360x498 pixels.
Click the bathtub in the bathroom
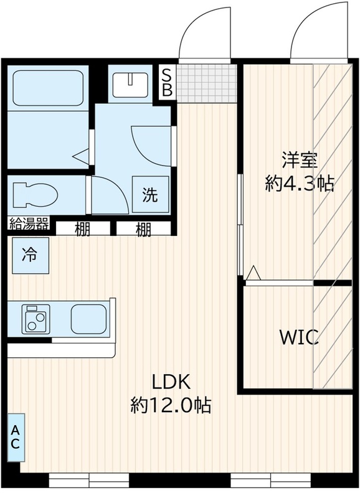pyautogui.click(x=48, y=88)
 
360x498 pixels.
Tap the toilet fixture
pyautogui.click(x=34, y=194)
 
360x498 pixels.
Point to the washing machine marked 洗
pyautogui.click(x=151, y=195)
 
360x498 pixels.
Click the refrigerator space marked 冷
pyautogui.click(x=29, y=255)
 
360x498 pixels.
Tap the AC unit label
pyautogui.click(x=16, y=437)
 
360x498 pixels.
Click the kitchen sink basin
pyautogui.click(x=88, y=319)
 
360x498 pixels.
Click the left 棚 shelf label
pyautogui.click(x=82, y=230)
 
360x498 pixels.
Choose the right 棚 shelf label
pyautogui.click(x=143, y=230)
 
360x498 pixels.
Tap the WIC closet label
pyautogui.click(x=298, y=338)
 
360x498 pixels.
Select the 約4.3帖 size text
pyautogui.click(x=300, y=184)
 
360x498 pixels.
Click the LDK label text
pyautogui.click(x=171, y=382)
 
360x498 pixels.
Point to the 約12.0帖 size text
pyautogui.click(x=171, y=405)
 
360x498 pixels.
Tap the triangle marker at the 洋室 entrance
pyautogui.click(x=253, y=273)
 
